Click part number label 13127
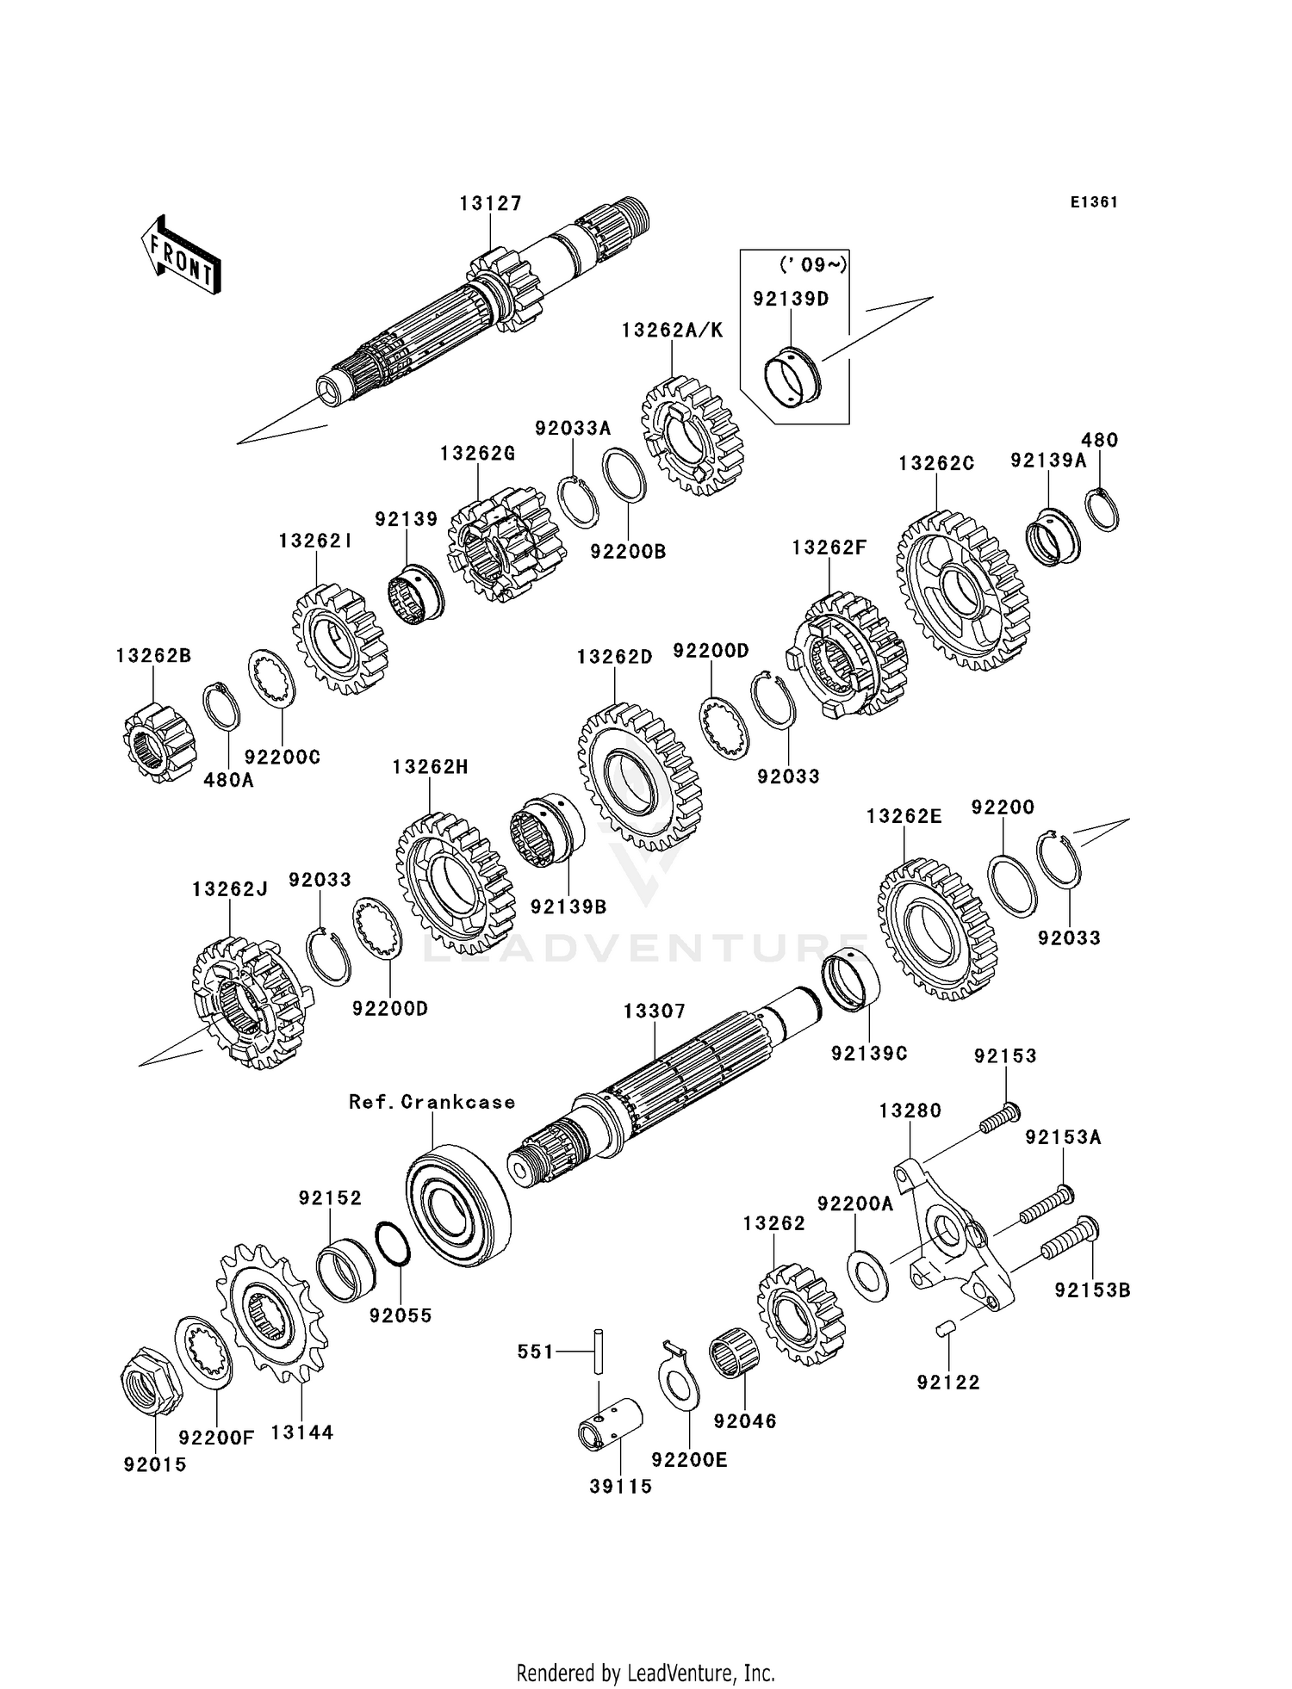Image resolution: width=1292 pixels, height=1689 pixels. pos(490,203)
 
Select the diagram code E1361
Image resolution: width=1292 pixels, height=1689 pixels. pos(1094,202)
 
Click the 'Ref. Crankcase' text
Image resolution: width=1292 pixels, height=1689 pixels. pos(432,1102)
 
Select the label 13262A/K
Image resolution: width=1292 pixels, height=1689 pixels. pos(673,330)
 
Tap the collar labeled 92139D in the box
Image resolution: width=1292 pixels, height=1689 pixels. pos(793,377)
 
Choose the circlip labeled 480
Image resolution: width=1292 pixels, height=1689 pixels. pos(1102,510)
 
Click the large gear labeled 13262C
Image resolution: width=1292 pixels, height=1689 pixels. pos(963,591)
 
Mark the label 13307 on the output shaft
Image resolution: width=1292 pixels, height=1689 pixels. pos(655,1012)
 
